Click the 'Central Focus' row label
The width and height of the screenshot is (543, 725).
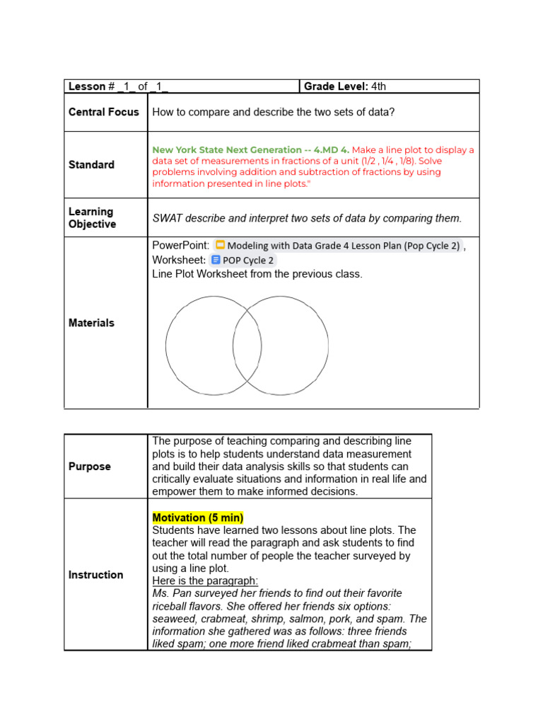pos(104,112)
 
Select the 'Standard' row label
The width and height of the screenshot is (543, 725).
pos(91,165)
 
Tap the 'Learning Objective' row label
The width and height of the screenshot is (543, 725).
pos(92,217)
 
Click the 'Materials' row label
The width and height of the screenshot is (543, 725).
pos(91,323)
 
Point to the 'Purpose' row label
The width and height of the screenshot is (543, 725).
pos(90,467)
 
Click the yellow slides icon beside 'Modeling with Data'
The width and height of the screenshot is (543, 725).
pos(220,246)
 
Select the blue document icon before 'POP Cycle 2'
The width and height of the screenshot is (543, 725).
pos(216,260)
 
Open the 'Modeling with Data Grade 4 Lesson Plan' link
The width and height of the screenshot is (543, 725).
pos(343,246)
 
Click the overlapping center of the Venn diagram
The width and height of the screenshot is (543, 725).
pos(247,346)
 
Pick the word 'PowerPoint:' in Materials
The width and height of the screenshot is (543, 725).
pos(180,246)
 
